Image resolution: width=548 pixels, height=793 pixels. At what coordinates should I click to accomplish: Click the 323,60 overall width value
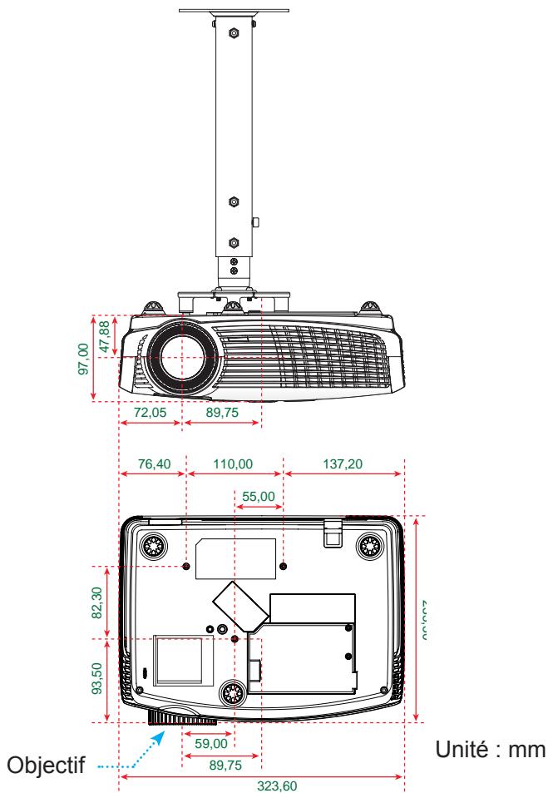tap(263, 784)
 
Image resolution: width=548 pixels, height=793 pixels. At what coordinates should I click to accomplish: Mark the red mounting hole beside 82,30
tap(186, 566)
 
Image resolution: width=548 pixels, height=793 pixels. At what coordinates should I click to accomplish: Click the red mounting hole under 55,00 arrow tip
tap(284, 566)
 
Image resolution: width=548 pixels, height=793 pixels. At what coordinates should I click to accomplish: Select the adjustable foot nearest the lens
tap(233, 691)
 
